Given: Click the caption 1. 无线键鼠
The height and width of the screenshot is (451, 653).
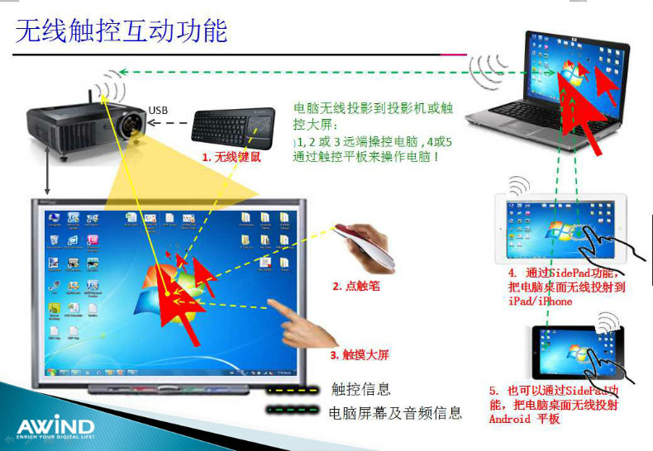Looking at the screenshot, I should coord(232,156).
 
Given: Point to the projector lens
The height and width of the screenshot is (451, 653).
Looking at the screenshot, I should coord(132,126).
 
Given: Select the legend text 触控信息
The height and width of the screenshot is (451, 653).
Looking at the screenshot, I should coord(360,389).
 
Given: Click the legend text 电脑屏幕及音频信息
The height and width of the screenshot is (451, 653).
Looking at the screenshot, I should coord(394,412).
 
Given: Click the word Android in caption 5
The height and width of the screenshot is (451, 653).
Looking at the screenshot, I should coord(512,419).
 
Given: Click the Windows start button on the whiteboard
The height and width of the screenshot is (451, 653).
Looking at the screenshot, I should coord(51,373).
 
